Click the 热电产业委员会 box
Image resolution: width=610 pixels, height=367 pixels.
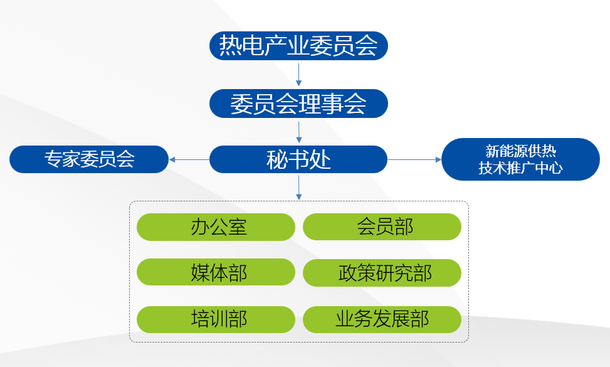coord(298,46)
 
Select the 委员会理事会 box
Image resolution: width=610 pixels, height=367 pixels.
coord(298,104)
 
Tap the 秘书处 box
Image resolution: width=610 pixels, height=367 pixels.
coord(298,159)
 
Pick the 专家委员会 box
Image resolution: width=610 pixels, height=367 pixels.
coord(89,159)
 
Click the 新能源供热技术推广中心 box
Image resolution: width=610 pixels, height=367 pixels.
coord(520,159)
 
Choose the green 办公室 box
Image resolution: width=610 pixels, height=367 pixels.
coord(216,227)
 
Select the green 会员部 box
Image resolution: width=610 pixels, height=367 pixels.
coord(382,227)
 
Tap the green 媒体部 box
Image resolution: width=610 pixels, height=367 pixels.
coord(216,272)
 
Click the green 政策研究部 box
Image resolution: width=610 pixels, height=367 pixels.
coord(382,272)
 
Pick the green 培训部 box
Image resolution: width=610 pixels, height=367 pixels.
coord(216,319)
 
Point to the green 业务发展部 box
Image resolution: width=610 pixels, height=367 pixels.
coord(382,319)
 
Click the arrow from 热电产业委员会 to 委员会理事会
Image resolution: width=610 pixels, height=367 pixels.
coord(299,74)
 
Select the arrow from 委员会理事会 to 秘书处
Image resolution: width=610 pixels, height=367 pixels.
coord(299,132)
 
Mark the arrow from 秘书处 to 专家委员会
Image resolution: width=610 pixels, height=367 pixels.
coord(189,159)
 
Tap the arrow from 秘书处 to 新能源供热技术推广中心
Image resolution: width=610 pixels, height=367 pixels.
coord(414,159)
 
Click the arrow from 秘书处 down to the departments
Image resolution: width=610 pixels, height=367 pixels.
coord(299,188)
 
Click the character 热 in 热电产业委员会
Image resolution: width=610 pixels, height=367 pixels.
coord(230,46)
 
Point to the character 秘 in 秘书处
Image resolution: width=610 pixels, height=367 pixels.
coord(276,159)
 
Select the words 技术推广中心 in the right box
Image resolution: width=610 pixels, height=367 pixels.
coord(520,168)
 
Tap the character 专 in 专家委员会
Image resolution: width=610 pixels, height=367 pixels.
coord(52,159)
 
